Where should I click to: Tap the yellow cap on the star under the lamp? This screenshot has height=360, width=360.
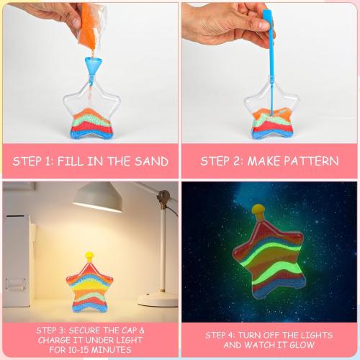[x=89, y=256]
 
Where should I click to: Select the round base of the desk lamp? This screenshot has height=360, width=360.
[x=156, y=298]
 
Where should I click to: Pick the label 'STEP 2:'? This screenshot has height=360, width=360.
[x=222, y=161]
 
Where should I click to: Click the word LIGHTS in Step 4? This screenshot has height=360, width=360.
[x=314, y=335]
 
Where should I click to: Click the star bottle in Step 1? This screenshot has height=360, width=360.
[x=91, y=115]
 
